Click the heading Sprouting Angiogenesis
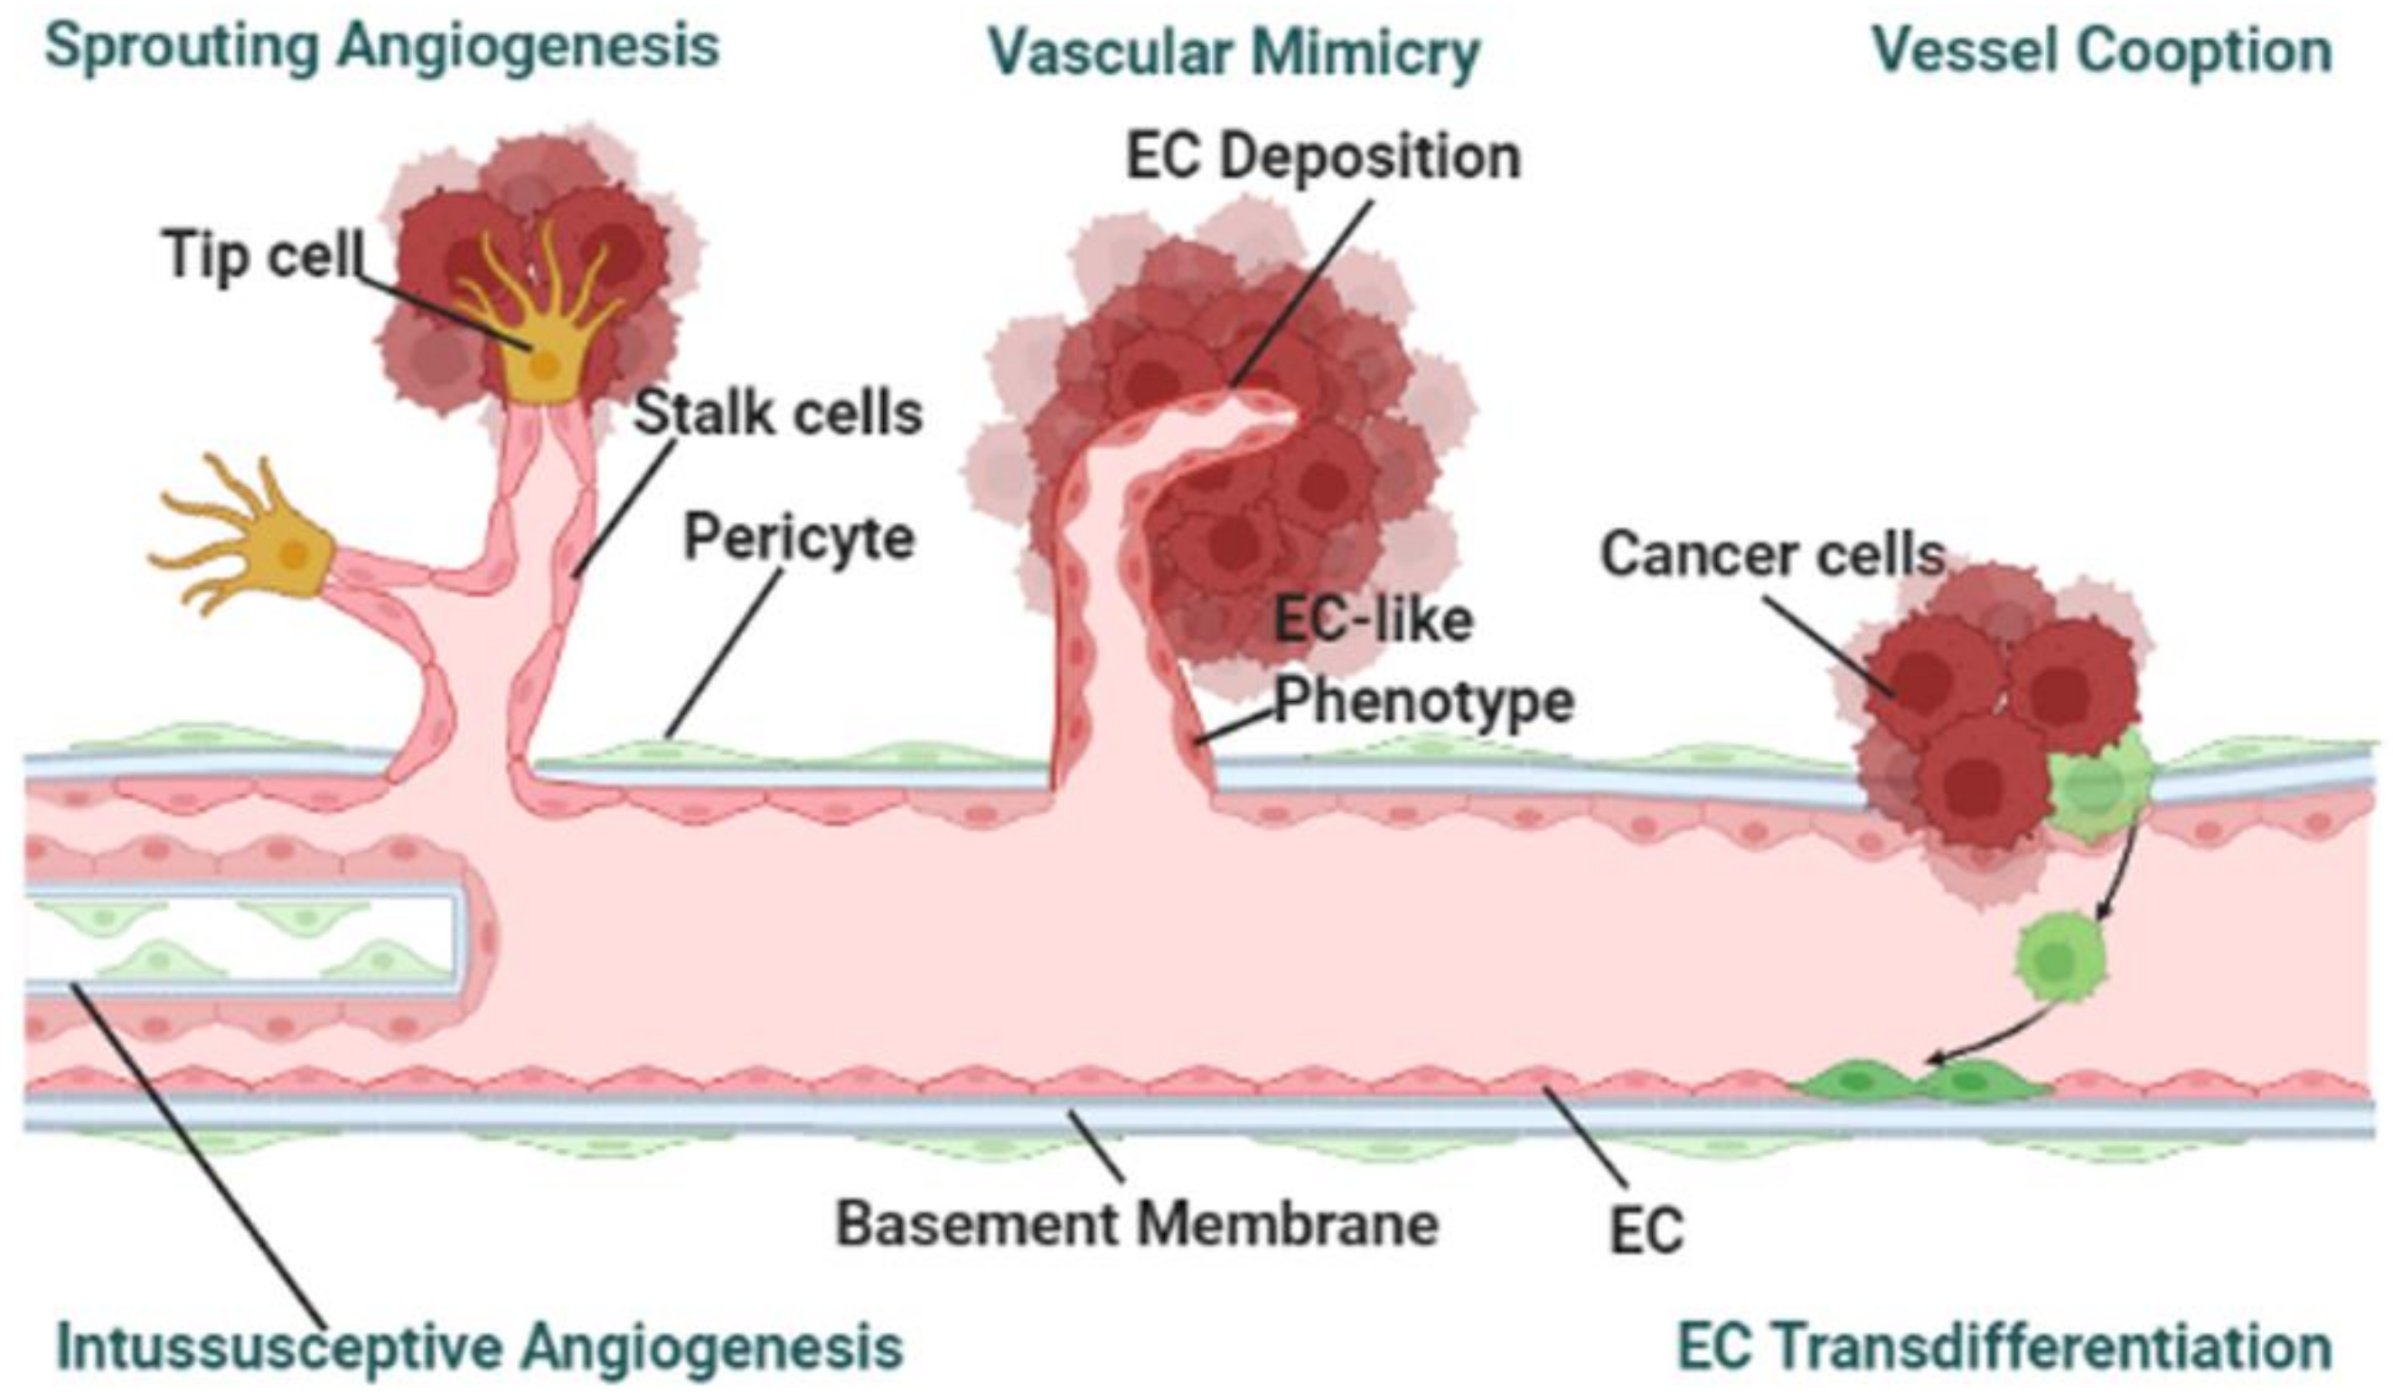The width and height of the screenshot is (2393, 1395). [381, 48]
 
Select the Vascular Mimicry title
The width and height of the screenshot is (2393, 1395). [1234, 53]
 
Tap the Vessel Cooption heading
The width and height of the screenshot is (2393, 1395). [2101, 51]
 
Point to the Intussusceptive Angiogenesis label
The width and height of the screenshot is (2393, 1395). [480, 1346]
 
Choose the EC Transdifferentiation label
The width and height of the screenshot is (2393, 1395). [2004, 1347]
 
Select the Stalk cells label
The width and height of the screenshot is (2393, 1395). [778, 413]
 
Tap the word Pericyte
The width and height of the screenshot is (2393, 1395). [799, 538]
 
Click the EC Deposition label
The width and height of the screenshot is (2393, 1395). [1323, 156]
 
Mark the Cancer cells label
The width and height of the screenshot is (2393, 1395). [1772, 555]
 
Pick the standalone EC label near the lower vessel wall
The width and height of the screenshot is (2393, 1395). [1647, 1231]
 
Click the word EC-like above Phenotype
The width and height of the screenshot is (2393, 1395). [1372, 621]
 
